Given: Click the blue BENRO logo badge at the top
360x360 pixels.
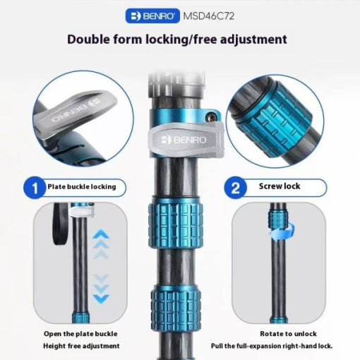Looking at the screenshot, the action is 152,16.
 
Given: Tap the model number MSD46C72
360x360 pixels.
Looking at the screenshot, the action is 209,16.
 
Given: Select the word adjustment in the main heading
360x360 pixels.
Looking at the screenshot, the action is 253,40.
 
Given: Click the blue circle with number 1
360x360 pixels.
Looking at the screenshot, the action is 35,188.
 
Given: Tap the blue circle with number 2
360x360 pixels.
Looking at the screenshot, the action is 235,188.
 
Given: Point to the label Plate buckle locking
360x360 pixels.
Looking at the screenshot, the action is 82,187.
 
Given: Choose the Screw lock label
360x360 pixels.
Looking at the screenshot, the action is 280,186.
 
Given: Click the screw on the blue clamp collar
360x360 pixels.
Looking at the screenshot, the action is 211,117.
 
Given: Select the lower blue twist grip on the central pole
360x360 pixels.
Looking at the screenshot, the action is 176,307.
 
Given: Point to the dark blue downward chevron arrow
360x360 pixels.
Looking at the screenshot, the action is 101,299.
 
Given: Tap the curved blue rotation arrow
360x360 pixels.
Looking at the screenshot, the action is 282,232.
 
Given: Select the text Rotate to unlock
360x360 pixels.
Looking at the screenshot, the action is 288,334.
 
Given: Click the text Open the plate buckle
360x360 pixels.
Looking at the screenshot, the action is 80,334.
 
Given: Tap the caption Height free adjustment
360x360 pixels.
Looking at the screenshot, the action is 81,346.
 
